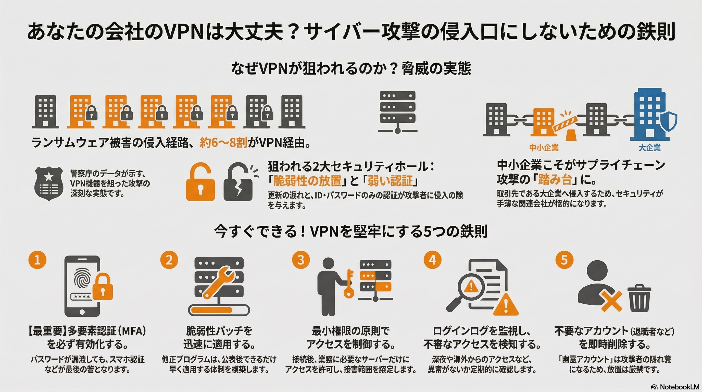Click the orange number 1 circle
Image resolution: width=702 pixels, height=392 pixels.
click(37, 260)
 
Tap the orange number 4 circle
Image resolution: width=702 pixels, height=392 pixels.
click(432, 260)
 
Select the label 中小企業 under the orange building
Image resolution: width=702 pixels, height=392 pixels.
click(544, 148)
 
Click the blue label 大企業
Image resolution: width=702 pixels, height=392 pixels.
click(650, 148)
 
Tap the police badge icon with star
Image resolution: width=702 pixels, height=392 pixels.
click(49, 183)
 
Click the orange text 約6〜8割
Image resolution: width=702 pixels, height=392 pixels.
click(223, 143)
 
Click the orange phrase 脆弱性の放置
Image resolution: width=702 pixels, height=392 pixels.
click(307, 180)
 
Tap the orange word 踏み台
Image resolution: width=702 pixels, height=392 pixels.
click(555, 180)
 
